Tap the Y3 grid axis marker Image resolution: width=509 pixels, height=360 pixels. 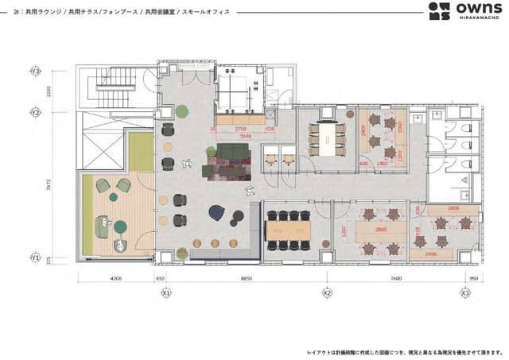35,72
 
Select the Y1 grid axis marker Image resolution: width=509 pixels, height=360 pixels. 35,258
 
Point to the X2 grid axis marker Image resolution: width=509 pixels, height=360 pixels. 326,292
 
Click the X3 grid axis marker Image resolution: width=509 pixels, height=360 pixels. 465,292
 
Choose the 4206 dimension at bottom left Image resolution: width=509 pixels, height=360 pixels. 116,279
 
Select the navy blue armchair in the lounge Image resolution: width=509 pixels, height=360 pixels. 217,212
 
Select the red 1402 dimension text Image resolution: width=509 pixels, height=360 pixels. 382,164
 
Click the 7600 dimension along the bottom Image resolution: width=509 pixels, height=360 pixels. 395,279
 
